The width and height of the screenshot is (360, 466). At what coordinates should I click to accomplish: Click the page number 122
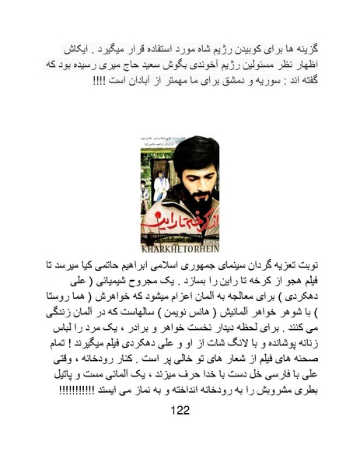point(180,433)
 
